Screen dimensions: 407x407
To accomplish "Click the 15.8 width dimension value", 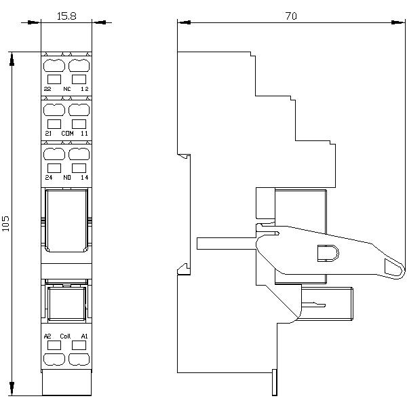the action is tap(66, 16).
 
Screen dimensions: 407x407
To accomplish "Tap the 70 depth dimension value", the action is tap(291, 16).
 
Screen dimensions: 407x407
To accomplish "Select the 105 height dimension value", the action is tap(5, 223).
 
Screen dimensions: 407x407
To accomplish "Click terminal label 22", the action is tap(47, 89).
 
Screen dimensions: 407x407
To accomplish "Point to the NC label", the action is tap(67, 89).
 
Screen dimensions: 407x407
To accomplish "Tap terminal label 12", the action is tap(85, 89).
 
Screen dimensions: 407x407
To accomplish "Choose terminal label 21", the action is tap(48, 133).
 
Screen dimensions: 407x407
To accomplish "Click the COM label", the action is tap(67, 133).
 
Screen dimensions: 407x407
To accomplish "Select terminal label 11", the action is tap(84, 133).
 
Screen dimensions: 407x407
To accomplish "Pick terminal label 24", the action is tap(49, 177).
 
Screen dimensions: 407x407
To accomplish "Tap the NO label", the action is tap(67, 177).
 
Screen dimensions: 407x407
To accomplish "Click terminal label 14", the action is tap(85, 177).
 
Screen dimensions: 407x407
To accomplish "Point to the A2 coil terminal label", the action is tap(47, 336).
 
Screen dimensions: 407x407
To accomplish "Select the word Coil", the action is tap(65, 336).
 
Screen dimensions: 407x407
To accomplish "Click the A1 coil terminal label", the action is tap(84, 336).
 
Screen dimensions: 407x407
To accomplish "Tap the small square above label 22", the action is tap(54, 79).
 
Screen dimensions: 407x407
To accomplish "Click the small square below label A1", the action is tap(79, 345).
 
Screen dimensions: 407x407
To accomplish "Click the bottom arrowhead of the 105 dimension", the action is tap(12, 389).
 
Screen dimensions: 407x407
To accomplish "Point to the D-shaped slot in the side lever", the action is tap(328, 253).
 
